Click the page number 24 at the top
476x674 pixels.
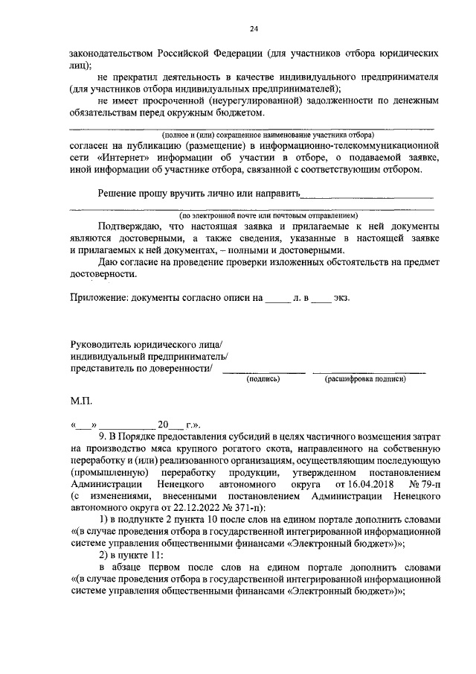253,28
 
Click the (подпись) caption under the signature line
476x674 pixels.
263,378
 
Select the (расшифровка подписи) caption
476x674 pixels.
364,378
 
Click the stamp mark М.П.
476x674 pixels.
80,401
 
